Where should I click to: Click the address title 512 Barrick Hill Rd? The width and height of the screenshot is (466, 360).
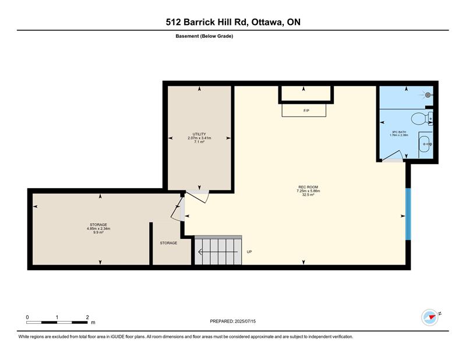click(207, 22)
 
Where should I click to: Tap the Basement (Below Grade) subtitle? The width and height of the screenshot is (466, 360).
click(204, 36)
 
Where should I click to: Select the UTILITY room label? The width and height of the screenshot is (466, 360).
click(199, 134)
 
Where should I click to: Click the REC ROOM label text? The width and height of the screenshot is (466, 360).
click(308, 187)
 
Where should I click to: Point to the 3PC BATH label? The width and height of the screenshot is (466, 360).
click(399, 132)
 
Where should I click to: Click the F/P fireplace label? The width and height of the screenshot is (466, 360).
click(306, 111)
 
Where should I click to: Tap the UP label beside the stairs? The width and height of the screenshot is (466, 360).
click(249, 252)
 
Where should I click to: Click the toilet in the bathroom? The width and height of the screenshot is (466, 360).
click(422, 119)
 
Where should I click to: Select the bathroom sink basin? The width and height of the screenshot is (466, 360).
click(426, 144)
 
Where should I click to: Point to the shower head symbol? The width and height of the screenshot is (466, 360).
click(428, 95)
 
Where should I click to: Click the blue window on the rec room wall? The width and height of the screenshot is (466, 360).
click(408, 214)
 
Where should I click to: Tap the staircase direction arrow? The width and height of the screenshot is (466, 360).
click(218, 252)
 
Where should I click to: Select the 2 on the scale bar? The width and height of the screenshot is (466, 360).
click(87, 317)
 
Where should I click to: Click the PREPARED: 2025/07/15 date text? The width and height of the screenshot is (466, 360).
click(232, 322)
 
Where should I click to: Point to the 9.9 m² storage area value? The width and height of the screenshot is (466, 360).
click(98, 232)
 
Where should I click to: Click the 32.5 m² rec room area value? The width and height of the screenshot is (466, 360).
click(308, 195)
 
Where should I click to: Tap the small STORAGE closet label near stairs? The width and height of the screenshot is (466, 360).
click(168, 243)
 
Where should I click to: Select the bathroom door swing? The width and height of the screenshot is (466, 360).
click(393, 156)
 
